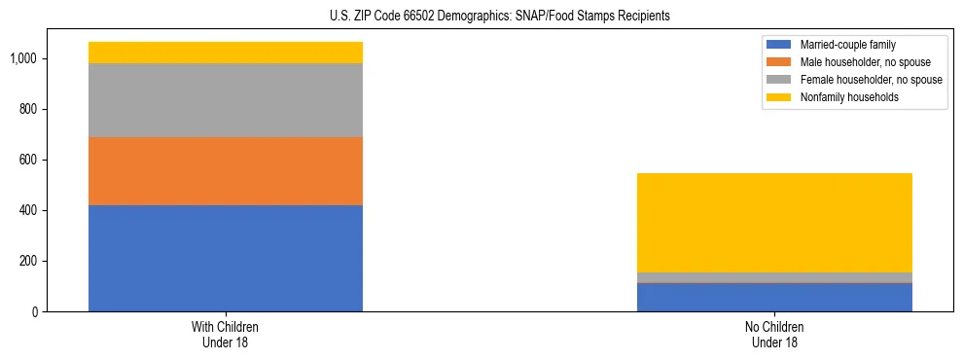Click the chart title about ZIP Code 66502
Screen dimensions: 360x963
coord(481,17)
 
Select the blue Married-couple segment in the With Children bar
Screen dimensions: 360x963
coord(226,258)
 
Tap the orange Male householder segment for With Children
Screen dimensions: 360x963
coord(226,170)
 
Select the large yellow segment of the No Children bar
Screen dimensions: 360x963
coord(774,223)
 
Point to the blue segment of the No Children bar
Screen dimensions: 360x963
coord(774,297)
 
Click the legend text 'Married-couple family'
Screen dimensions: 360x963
coord(848,45)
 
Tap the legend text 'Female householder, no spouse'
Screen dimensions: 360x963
coord(871,80)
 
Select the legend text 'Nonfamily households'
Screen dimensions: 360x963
coord(849,97)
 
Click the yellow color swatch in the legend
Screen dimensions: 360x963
coord(780,97)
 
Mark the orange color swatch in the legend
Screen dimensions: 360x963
coord(780,62)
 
